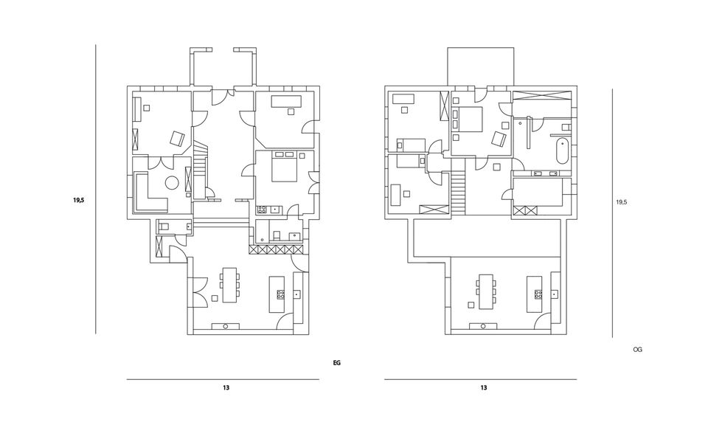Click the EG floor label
pyautogui.click(x=336, y=363)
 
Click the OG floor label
pyautogui.click(x=637, y=350)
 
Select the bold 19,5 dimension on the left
pyautogui.click(x=79, y=200)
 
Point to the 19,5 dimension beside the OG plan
pyautogui.click(x=622, y=202)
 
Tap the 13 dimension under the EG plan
pyautogui.click(x=226, y=387)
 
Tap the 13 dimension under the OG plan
pyautogui.click(x=483, y=387)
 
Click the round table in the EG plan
pyautogui.click(x=172, y=183)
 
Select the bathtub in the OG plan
pyautogui.click(x=562, y=151)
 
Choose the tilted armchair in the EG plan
pyautogui.click(x=178, y=138)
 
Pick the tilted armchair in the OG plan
pyautogui.click(x=499, y=139)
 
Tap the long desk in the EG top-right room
pyautogui.click(x=286, y=101)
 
